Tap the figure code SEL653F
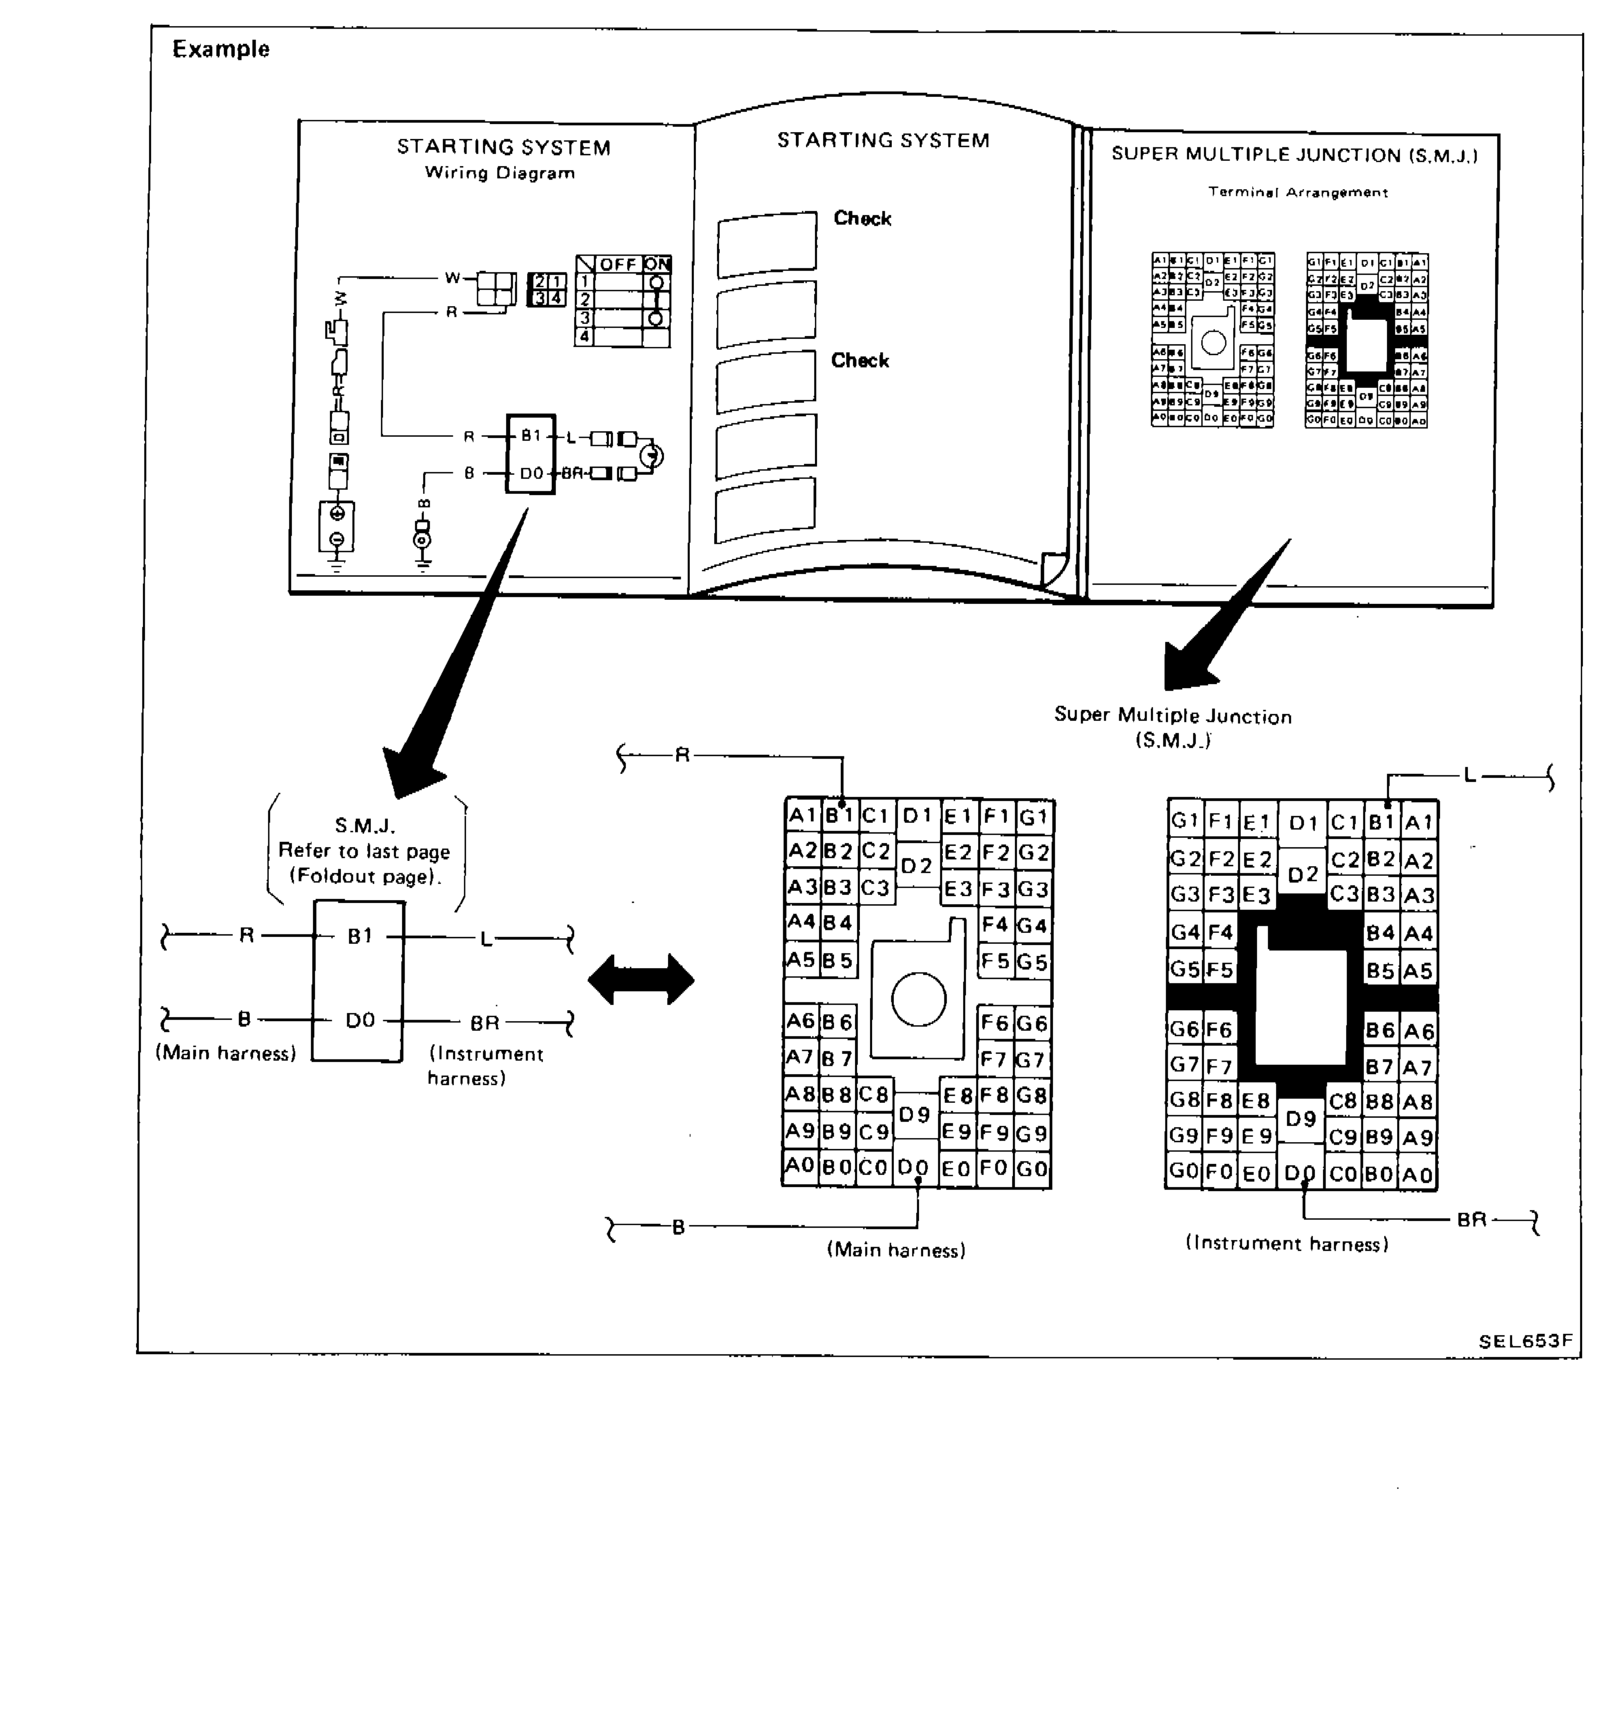[1524, 1341]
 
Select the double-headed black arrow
[641, 980]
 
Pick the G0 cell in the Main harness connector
[1033, 1169]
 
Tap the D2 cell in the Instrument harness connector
[1303, 874]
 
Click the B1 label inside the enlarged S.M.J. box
[359, 936]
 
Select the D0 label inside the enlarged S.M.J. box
[360, 1020]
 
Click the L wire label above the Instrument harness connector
[1469, 776]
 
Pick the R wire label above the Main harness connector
[682, 755]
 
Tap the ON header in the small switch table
[657, 264]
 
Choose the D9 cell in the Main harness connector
[914, 1115]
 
